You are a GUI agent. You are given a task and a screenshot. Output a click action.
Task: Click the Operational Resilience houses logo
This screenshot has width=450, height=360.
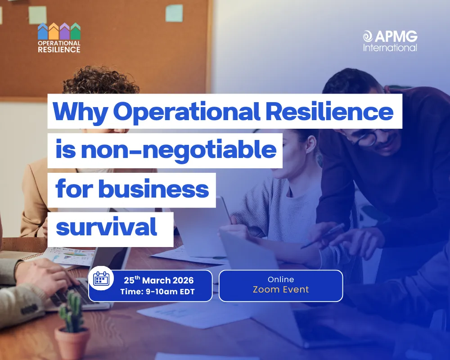[59, 38]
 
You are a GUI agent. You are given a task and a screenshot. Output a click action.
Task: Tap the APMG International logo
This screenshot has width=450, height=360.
[390, 40]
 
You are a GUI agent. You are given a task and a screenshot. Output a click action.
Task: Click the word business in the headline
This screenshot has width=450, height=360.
[154, 189]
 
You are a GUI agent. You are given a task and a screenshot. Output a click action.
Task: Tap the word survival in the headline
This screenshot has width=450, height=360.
[107, 228]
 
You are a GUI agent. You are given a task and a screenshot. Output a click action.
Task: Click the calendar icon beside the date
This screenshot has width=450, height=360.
[101, 280]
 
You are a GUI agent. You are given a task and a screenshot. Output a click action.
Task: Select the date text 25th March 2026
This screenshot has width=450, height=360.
[158, 280]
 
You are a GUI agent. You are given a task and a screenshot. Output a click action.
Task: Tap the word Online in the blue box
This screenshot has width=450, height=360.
[281, 279]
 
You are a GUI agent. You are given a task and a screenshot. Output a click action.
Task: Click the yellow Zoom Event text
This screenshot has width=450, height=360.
[281, 289]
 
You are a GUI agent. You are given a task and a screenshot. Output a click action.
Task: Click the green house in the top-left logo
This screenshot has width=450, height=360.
[76, 31]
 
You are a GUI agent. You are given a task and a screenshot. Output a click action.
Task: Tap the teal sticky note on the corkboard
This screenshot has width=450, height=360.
[174, 13]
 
